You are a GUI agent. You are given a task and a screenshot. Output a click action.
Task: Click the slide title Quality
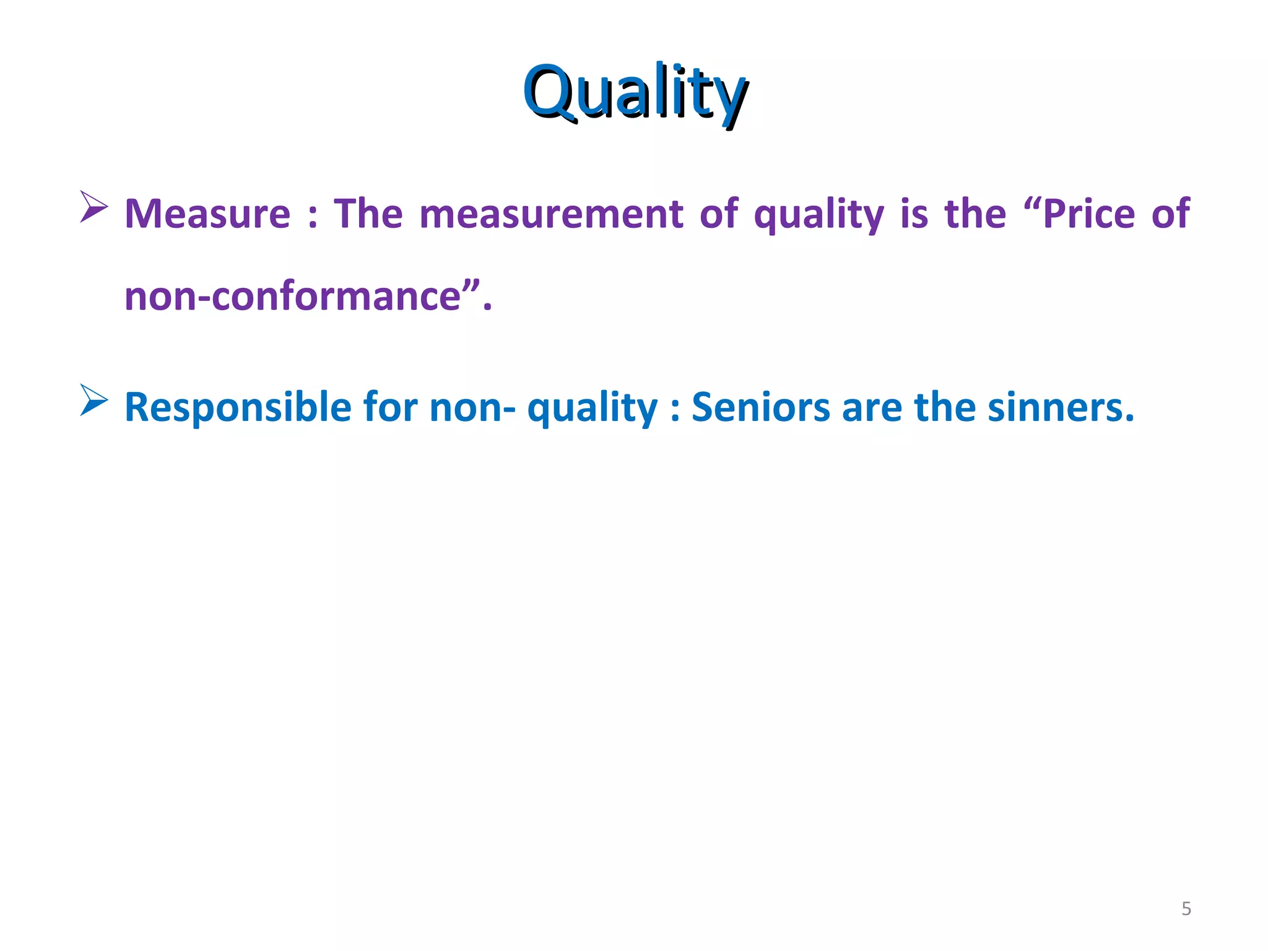pyautogui.click(x=635, y=93)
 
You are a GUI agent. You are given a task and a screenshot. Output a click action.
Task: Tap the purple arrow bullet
pyautogui.click(x=93, y=207)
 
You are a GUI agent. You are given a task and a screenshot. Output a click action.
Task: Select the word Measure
pyautogui.click(x=207, y=214)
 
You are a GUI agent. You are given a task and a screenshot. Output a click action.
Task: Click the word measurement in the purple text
pyautogui.click(x=551, y=214)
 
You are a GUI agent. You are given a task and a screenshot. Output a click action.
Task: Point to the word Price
pyautogui.click(x=1088, y=214)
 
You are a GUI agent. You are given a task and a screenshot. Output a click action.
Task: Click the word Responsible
pyautogui.click(x=238, y=407)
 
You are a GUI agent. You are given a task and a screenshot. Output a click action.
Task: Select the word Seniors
pyautogui.click(x=760, y=407)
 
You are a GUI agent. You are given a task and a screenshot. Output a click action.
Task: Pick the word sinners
pyautogui.click(x=1061, y=407)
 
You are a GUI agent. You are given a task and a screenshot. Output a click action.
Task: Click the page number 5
pyautogui.click(x=1186, y=909)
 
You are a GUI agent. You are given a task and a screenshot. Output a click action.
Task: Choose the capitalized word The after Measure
pyautogui.click(x=368, y=214)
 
